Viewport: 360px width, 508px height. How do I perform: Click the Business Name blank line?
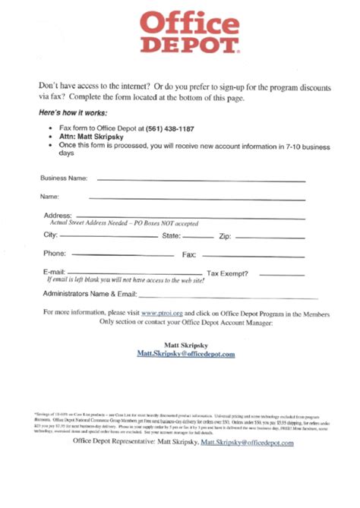[201, 181]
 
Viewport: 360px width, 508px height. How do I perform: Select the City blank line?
[109, 236]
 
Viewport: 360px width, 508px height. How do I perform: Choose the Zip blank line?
[270, 236]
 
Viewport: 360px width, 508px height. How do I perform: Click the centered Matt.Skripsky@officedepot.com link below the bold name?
[186, 354]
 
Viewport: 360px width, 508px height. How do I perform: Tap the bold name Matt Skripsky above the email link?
[186, 345]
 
